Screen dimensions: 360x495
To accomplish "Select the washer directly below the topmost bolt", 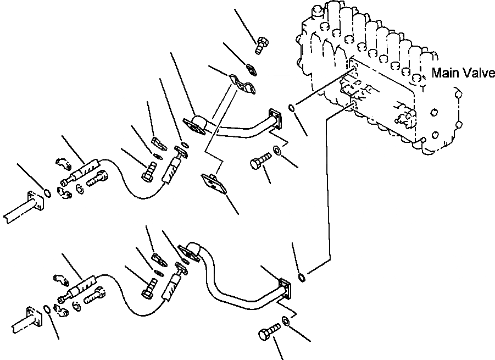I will [251, 68].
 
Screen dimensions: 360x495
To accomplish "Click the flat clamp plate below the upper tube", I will [214, 184].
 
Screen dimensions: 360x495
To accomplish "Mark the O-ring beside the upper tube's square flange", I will [293, 108].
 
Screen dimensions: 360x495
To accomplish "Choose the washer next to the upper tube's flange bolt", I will [279, 150].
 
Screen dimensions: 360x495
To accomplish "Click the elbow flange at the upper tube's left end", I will [195, 125].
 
